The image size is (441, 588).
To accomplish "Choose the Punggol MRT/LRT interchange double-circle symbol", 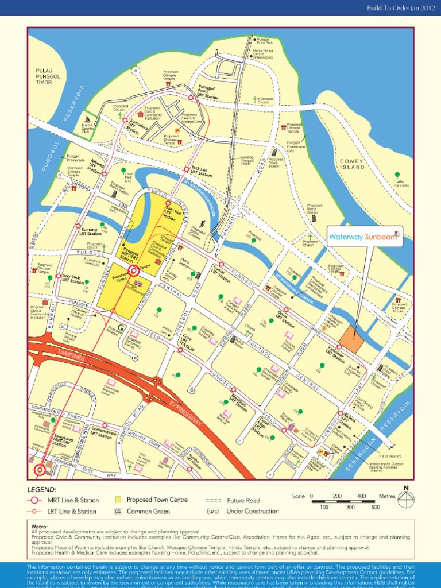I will (x=133, y=270).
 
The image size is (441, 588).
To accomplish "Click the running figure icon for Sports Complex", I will (x=202, y=224).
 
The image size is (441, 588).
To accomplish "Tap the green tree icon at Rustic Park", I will (x=397, y=175).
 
